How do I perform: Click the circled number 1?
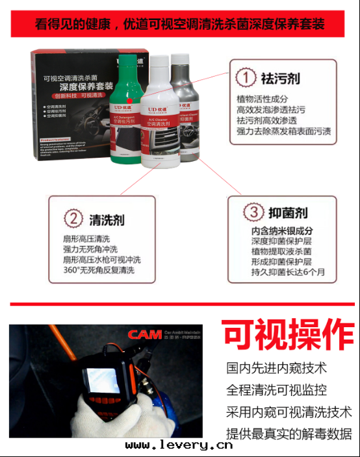[x=246, y=78]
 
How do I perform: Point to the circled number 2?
[x=75, y=219]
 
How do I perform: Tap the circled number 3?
[x=253, y=212]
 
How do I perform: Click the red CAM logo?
[x=144, y=335]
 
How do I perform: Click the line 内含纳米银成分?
[x=282, y=230]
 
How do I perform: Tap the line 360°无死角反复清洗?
[x=99, y=270]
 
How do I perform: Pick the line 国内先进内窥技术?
[x=276, y=368]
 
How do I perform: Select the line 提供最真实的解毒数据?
[x=289, y=434]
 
